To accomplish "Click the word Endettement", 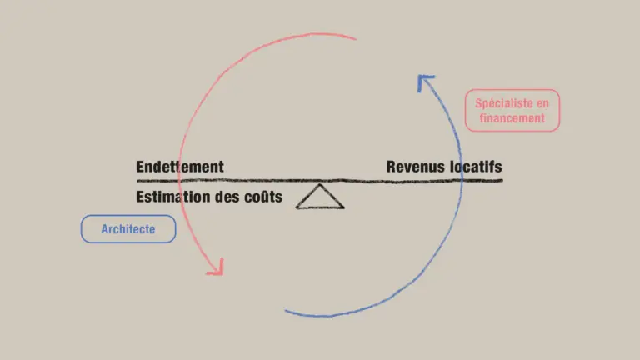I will pos(180,167).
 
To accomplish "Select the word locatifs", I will pos(476,167).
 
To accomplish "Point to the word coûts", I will pos(262,198).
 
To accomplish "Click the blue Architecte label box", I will pos(128,229).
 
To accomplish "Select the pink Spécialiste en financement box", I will pos(512,111).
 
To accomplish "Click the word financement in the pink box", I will pos(512,118).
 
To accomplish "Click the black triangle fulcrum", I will pos(320,198).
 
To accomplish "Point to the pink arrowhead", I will pos(216,267).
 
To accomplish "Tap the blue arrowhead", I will pos(426,81).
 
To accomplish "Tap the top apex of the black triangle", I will pos(318,186).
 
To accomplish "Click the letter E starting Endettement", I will pos(140,167).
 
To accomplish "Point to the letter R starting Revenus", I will pos(391,167).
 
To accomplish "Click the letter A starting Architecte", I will pos(105,229).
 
